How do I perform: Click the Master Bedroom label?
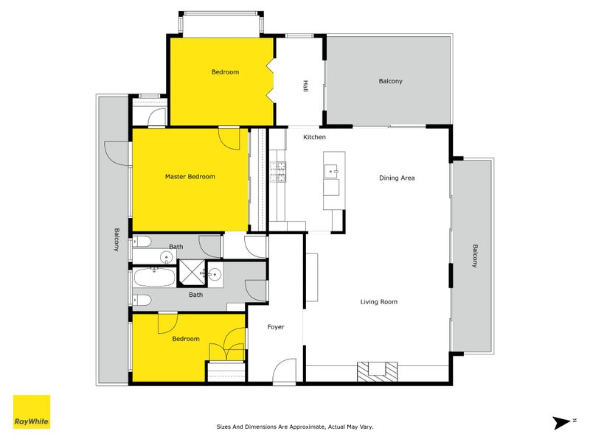pos(190,177)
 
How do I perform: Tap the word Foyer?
pos(275,327)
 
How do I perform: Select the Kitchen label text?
pos(314,138)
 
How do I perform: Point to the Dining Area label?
pos(397,178)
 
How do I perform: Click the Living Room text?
pos(378,301)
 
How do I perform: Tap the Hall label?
pos(305,86)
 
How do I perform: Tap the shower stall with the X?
pos(192,273)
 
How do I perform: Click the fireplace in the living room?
pos(376,371)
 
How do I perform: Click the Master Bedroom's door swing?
pos(230,138)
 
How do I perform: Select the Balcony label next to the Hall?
pos(390,81)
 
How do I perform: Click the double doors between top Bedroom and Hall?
pos(271,83)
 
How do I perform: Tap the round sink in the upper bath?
pos(167,257)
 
